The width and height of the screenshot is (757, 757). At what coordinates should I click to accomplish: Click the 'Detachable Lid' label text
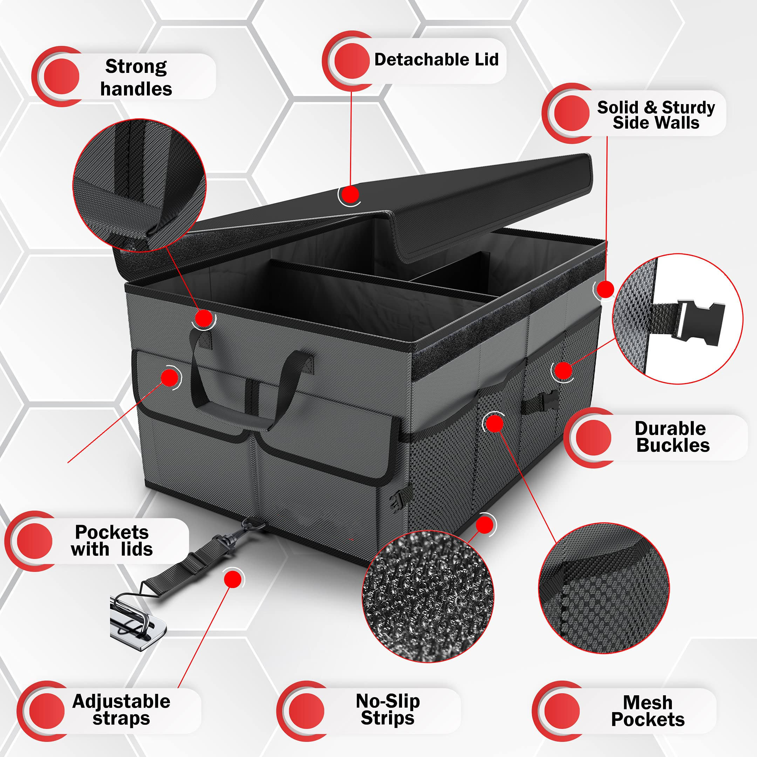coord(436,60)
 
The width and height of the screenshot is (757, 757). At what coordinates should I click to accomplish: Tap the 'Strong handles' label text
coord(136,77)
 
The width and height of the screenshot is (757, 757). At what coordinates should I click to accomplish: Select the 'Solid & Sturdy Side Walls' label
coord(656,115)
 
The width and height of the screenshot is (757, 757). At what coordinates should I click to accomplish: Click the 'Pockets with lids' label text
coord(112,540)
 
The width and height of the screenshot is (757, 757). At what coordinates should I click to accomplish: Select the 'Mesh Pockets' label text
coord(648,711)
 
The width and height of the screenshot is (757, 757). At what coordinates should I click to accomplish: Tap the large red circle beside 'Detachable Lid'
coord(352,60)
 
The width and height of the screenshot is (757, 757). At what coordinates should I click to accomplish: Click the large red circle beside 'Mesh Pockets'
coord(562,710)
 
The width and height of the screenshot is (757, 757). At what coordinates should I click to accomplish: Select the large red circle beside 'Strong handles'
coord(62,76)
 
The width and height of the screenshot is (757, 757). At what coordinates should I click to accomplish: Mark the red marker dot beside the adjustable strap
coord(233,579)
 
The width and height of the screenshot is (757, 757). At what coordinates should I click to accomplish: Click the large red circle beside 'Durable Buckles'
coord(594,438)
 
